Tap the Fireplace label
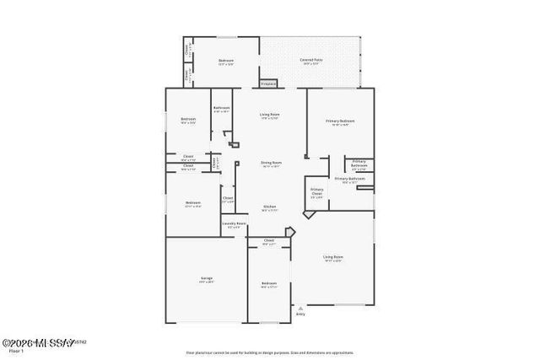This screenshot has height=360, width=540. coord(268,83)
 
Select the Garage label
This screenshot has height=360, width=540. coord(207,277)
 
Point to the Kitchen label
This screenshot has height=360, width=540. coord(269,207)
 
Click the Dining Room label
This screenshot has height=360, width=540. coord(270,162)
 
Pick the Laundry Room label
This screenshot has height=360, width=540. coord(235,223)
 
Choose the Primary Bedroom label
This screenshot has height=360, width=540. coord(340,121)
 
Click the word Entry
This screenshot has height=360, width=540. coord(300,314)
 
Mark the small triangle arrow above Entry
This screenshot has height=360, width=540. coord(300,309)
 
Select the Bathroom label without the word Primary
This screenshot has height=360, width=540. coord(222,108)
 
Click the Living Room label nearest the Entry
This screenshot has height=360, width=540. coord(332,256)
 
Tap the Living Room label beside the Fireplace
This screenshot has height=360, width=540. coord(269,114)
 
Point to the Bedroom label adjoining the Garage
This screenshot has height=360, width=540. coord(268,282)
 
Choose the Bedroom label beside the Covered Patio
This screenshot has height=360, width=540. coord(225,61)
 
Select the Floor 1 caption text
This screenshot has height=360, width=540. coord(10,350)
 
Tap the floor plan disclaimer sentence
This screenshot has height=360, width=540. coord(268,352)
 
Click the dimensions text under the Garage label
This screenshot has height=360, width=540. coord(207,282)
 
